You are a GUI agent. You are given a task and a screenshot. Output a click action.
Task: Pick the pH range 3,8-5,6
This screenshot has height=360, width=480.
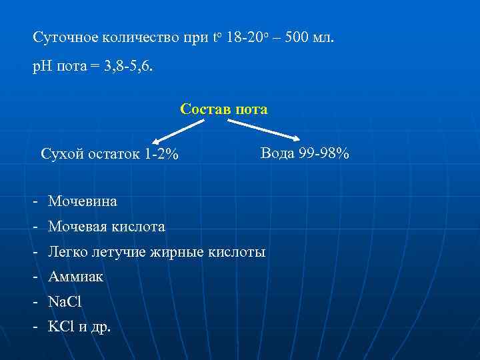pos(131,68)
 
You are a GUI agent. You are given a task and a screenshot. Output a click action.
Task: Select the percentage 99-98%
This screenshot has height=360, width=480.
pos(323,154)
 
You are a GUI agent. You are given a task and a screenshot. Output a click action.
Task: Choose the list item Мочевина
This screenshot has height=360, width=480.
pos(82,201)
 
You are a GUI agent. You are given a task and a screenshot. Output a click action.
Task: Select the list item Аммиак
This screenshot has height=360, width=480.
pos(75,277)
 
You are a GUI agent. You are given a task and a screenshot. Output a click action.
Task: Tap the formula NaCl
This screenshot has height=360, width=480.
pos(65,301)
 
